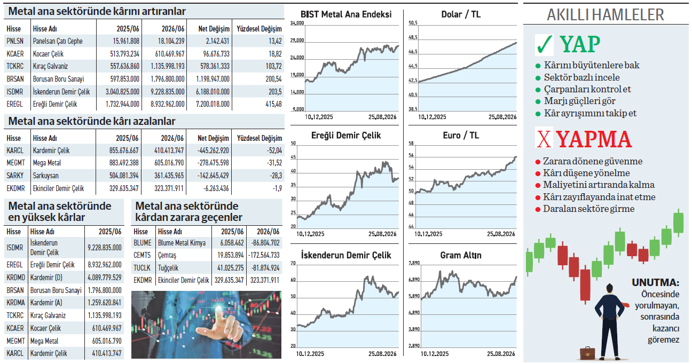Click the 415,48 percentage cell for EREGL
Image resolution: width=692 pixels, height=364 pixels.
[x=273, y=105]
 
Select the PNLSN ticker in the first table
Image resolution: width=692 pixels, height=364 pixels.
[x=15, y=41]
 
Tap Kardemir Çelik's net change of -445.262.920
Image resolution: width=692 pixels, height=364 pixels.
[x=213, y=151]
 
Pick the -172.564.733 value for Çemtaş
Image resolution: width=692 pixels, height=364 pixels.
[x=264, y=255]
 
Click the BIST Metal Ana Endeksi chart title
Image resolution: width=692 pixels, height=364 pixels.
[x=346, y=14]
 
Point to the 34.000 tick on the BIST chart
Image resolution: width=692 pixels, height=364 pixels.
[x=297, y=23]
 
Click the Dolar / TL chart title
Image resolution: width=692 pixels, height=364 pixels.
[x=461, y=14]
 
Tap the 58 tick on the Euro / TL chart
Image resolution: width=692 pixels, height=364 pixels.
[x=411, y=143]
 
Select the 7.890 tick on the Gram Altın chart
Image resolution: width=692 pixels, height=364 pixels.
[x=414, y=263]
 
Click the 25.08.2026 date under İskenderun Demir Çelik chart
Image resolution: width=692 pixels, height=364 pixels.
[x=382, y=354]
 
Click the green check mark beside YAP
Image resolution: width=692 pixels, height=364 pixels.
[x=544, y=45]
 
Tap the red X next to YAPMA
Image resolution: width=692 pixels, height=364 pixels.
[x=544, y=139]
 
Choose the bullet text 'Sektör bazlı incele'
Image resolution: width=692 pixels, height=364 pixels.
[x=581, y=77]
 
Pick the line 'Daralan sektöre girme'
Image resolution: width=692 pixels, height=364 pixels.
[x=588, y=209]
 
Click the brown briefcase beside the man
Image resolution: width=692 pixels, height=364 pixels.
[x=587, y=353]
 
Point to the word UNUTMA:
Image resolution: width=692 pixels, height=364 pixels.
[x=656, y=282]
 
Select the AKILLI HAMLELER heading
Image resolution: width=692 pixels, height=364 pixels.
[x=605, y=15]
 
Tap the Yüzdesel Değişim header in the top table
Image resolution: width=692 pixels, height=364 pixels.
[x=259, y=29]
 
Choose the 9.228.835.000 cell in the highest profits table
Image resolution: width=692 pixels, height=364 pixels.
[x=105, y=248]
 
